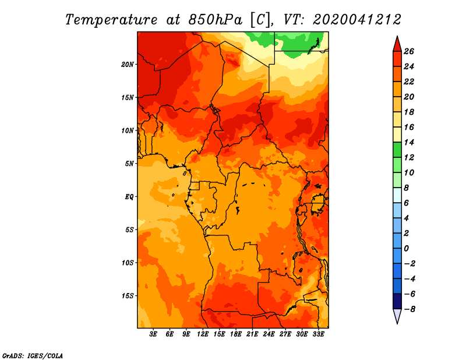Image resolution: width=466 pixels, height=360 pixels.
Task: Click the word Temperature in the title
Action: [x=111, y=20]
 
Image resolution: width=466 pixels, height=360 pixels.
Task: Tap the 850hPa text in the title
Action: [x=216, y=20]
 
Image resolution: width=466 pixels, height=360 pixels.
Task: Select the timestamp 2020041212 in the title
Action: [x=357, y=20]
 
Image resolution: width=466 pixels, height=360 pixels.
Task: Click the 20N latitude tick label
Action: [x=128, y=65]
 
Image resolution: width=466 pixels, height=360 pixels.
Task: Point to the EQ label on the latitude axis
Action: [x=129, y=197]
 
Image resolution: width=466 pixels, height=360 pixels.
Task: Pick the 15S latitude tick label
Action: [x=128, y=296]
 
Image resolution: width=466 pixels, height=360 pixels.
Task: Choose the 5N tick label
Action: [x=129, y=164]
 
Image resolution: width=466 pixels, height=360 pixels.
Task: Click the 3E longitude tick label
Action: [x=153, y=334]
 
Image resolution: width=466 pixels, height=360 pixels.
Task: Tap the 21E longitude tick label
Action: [x=252, y=334]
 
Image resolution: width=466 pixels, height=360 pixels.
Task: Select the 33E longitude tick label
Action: [x=318, y=334]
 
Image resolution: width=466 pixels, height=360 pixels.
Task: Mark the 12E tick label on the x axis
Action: [x=202, y=334]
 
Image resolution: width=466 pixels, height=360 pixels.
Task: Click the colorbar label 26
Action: [x=409, y=52]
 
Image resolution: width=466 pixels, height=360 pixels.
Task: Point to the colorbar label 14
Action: [x=409, y=143]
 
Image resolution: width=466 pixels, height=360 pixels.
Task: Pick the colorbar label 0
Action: [x=406, y=249]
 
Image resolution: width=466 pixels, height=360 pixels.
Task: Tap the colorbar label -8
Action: [x=409, y=309]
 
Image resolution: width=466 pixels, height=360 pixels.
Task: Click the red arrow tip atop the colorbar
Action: [x=397, y=37]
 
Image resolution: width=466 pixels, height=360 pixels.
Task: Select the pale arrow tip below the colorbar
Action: [x=397, y=323]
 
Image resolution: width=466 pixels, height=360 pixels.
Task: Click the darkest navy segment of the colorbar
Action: [x=397, y=302]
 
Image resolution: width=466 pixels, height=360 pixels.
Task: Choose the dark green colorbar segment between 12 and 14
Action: [x=397, y=150]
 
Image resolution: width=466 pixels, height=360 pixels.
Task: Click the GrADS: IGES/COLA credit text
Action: [x=33, y=356]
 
